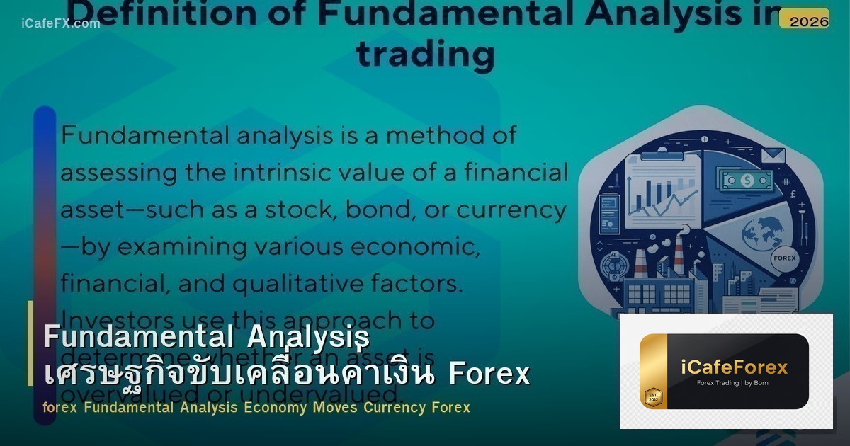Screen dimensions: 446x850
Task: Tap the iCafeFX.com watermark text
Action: click(60, 23)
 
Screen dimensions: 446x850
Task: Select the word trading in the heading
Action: click(425, 54)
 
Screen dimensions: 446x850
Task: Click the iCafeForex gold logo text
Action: click(734, 367)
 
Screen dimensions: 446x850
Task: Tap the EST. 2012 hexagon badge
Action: click(653, 396)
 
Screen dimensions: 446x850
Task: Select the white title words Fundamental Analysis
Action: click(206, 336)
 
